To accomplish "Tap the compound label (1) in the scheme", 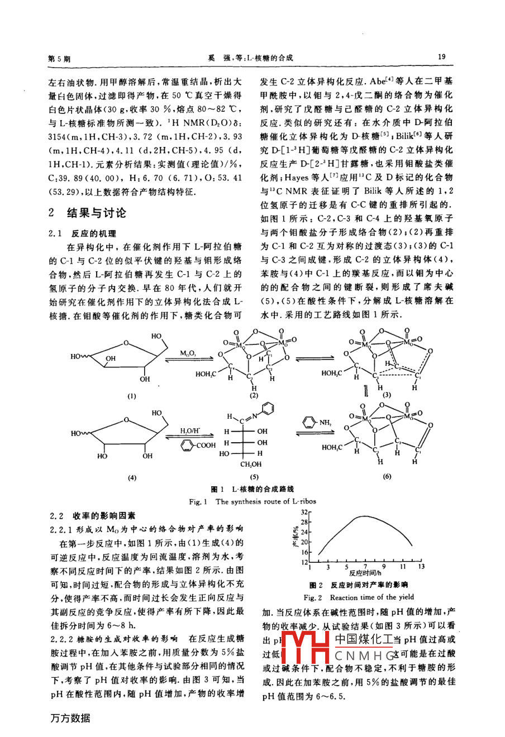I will pos(132,396).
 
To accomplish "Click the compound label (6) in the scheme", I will pos(387,476).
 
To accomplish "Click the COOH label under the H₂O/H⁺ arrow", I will pos(205,445).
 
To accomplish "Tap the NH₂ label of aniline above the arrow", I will pos(325,423).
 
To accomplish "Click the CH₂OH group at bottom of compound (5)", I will pos(251,464).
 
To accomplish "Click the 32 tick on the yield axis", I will pos(305,511).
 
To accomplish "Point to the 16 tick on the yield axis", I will pos(305,552).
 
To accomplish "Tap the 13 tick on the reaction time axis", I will pos(421,567).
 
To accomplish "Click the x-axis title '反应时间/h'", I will pos(365,573).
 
